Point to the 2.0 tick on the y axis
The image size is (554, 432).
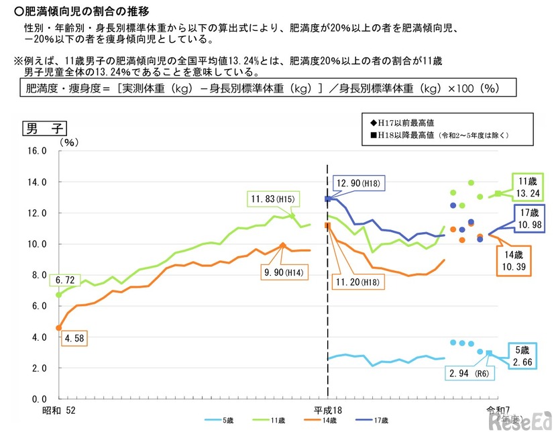coord(36,368)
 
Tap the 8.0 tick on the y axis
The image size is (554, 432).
coord(36,275)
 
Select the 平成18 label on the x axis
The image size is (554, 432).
coord(329,410)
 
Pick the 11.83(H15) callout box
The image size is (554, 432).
coord(274,199)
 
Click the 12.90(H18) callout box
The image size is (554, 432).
coord(359,183)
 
